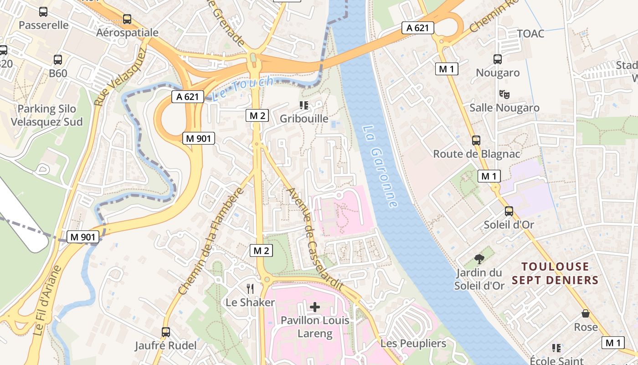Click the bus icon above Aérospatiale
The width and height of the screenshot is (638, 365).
(127, 19)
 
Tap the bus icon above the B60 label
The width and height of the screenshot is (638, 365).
(58, 60)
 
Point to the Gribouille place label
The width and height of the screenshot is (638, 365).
(304, 119)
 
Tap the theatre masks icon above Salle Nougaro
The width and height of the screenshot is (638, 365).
(504, 94)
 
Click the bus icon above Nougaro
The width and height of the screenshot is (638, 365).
(498, 59)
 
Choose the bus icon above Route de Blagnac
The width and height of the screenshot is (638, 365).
(476, 141)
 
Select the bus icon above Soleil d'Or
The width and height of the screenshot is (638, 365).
(509, 211)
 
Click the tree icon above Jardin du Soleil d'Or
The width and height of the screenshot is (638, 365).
(479, 259)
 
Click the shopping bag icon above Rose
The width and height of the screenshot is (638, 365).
(586, 313)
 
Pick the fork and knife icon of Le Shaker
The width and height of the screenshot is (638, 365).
(250, 288)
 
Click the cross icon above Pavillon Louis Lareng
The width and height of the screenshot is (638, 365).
(315, 307)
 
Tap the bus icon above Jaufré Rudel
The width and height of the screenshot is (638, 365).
(166, 332)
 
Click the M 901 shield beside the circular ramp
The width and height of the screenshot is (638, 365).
(199, 138)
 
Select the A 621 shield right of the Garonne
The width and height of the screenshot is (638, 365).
(417, 28)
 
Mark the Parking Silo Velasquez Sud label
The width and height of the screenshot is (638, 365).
(47, 115)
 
